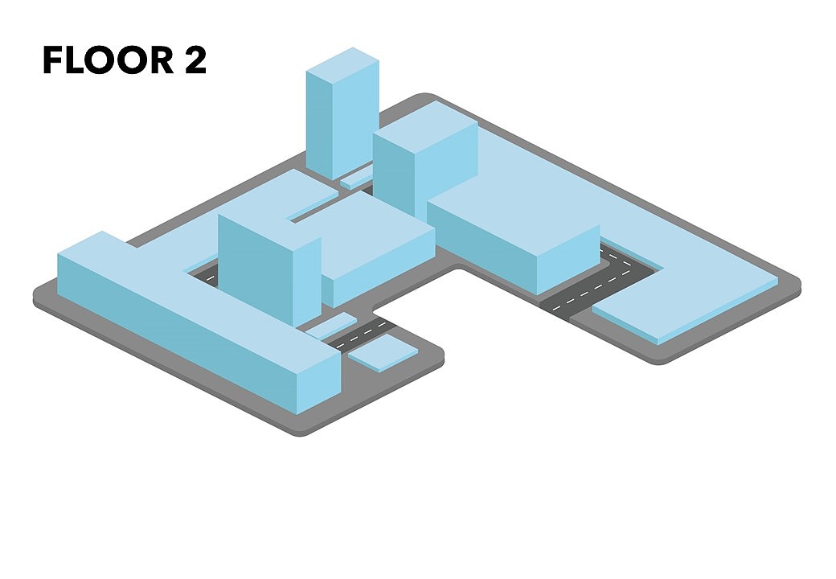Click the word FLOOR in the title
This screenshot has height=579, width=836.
pyautogui.click(x=109, y=60)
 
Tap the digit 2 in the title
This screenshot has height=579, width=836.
pyautogui.click(x=195, y=60)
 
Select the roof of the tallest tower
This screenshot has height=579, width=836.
pyautogui.click(x=342, y=66)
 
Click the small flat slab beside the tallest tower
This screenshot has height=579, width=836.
pyautogui.click(x=356, y=177)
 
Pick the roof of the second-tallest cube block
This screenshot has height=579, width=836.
pyautogui.click(x=425, y=126)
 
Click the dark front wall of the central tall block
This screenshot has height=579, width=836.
pyautogui.click(x=256, y=269)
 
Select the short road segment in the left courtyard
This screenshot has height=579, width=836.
pyautogui.click(x=205, y=273)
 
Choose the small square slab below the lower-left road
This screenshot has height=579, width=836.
pyautogui.click(x=383, y=352)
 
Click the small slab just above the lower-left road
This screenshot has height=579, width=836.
pyautogui.click(x=330, y=325)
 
